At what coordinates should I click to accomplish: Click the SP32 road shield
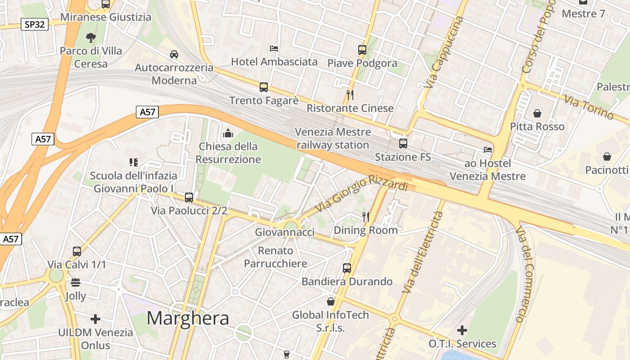point(35,24)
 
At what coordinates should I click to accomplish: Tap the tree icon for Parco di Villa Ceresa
point(91,37)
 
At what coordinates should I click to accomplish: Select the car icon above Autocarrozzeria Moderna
point(174,54)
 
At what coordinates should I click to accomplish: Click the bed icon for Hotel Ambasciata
point(274,48)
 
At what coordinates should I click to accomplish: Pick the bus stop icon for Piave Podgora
point(362,49)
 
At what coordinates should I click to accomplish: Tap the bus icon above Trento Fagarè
point(264,87)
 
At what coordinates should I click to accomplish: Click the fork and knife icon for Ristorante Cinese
point(350,94)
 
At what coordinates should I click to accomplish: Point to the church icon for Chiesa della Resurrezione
point(228,133)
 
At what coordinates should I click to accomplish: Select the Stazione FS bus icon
point(403,144)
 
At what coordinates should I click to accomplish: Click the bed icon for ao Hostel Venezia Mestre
point(488,149)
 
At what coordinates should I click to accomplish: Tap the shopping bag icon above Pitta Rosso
point(537,113)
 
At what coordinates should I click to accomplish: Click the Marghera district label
point(188,318)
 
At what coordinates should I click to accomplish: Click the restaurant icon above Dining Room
point(366,217)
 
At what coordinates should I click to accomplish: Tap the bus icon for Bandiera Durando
point(347,268)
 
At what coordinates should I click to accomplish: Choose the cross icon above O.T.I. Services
point(462,330)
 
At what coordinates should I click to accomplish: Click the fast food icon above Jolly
point(76,283)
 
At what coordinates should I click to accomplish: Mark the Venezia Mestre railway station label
point(333,139)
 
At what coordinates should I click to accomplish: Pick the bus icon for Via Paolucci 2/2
point(189,197)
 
